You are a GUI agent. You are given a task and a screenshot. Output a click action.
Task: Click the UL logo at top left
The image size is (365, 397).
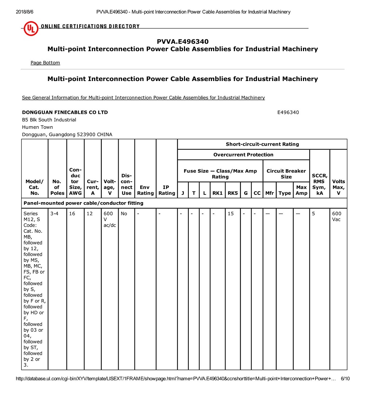click(x=31, y=28)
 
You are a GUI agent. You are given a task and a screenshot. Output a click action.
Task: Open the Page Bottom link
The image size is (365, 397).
click(x=45, y=63)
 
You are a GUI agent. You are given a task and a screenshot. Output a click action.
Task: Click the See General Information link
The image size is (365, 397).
click(x=143, y=97)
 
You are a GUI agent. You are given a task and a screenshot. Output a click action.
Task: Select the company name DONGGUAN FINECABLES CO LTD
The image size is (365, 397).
click(x=65, y=112)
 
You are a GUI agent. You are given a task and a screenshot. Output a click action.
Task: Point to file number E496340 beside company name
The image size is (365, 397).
click(x=288, y=112)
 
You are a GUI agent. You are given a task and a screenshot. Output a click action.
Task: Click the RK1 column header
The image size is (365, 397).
click(x=218, y=193)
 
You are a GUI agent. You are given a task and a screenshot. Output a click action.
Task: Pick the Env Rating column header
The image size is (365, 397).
click(x=145, y=190)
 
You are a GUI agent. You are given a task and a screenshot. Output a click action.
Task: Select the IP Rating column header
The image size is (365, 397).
click(x=166, y=190)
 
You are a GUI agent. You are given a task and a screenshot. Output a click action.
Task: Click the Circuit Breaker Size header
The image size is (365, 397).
click(x=286, y=174)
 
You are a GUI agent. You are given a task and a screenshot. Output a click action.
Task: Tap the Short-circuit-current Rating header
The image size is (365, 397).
click(x=262, y=144)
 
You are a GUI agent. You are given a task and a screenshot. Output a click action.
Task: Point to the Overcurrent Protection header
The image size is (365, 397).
click(x=243, y=155)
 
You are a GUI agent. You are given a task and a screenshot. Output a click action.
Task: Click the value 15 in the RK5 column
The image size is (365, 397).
click(x=231, y=213)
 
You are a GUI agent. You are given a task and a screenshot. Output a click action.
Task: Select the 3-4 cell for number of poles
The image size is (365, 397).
click(x=54, y=213)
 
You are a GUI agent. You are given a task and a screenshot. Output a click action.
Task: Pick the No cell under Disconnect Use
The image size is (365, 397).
click(x=124, y=213)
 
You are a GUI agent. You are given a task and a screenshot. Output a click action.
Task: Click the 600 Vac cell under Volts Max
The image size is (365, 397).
click(x=337, y=216)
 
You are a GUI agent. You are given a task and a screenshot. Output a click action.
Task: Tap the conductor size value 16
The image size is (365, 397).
click(x=72, y=213)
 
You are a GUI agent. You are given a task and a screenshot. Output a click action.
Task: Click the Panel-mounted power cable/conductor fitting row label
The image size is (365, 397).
click(x=84, y=203)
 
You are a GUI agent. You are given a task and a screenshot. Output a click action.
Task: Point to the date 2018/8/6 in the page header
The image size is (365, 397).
click(x=23, y=12)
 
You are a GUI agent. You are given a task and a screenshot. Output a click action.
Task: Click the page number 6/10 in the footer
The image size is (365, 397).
click(x=345, y=379)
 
